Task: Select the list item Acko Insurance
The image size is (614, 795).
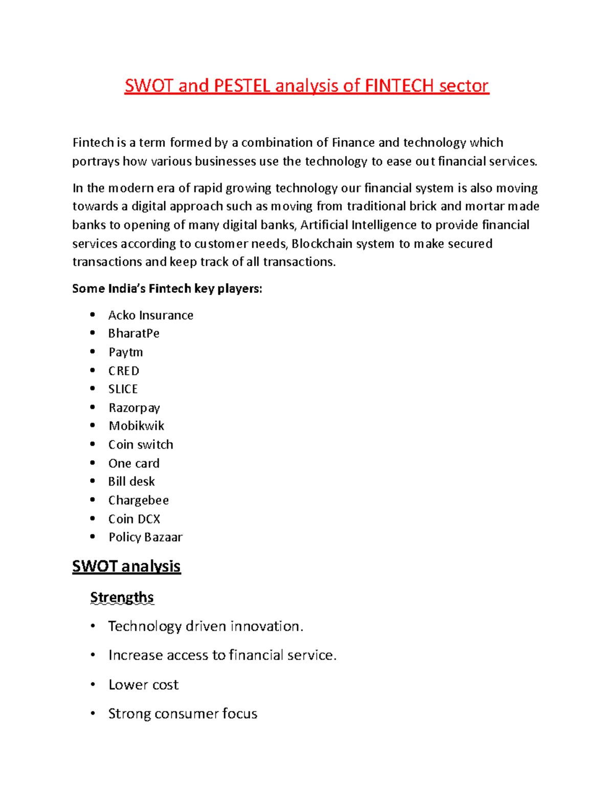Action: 150,315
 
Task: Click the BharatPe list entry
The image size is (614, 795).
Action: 134,334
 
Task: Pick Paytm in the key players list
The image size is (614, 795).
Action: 125,352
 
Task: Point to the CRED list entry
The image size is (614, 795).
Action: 123,371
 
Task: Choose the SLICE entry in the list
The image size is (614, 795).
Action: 123,389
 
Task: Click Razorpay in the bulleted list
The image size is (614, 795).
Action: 134,408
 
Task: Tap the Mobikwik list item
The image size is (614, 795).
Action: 136,426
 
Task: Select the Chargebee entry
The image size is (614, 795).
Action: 138,500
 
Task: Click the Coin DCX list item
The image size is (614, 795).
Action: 134,519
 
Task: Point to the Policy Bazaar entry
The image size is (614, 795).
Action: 145,537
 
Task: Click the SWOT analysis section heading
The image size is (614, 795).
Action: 126,566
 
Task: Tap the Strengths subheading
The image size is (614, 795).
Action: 122,597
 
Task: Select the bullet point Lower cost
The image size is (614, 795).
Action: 143,685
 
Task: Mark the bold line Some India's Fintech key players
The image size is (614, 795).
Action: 167,289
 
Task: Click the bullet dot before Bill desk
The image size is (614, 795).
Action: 93,481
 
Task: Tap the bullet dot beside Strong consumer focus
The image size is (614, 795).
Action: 93,714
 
